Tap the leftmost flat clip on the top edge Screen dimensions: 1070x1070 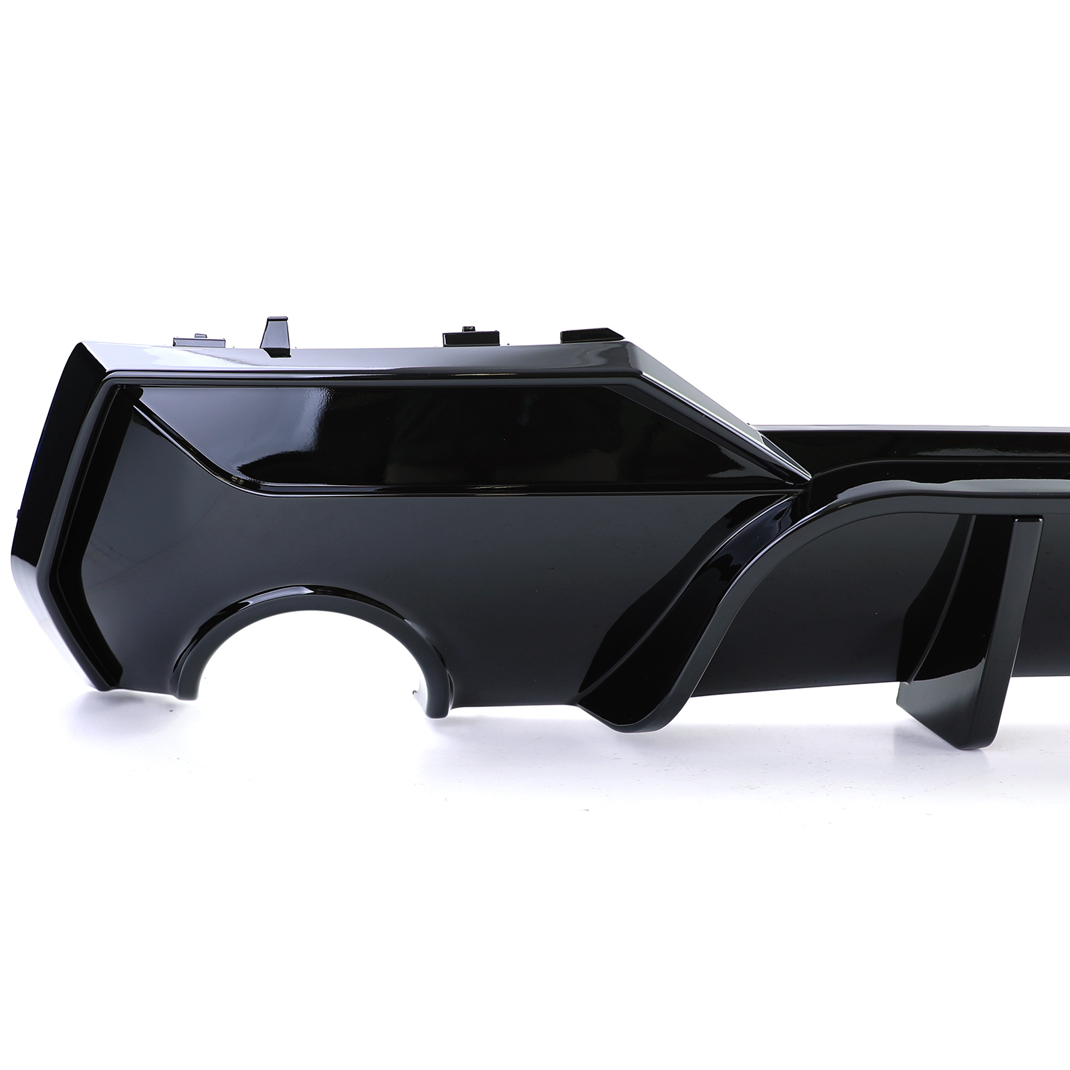(185, 341)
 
